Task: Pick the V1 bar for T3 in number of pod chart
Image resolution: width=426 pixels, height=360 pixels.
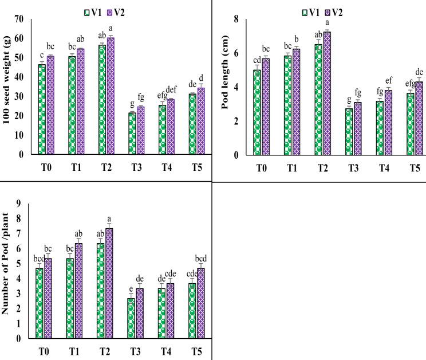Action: pos(131,318)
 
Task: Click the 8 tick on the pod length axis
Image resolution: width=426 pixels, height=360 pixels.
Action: pos(235,19)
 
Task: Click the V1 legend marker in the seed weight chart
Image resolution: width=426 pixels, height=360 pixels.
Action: pos(87,11)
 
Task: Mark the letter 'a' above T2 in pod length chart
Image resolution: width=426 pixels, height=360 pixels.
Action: pos(327,24)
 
